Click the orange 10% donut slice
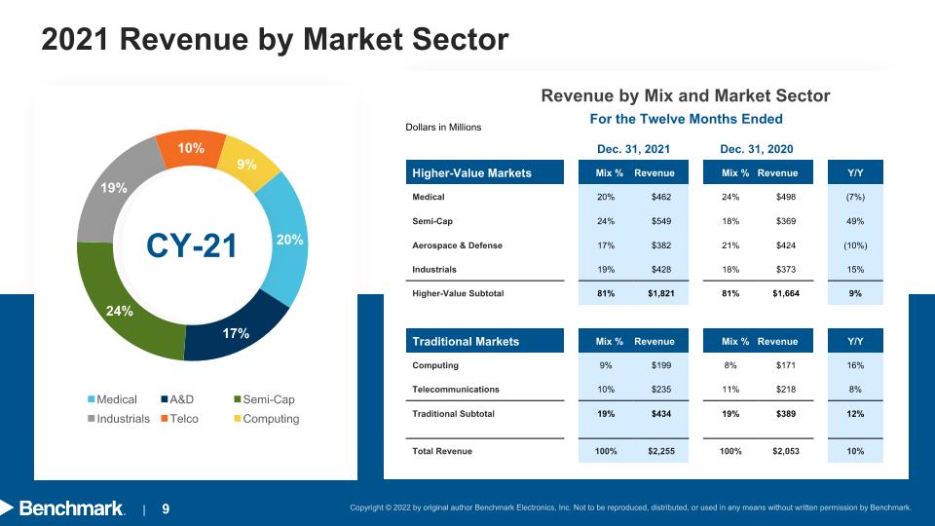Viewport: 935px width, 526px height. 191,148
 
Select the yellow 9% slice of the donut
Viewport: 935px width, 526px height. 247,164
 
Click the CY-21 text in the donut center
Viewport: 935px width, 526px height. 192,245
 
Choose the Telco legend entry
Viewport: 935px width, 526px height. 179,419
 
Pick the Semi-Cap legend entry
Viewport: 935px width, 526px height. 264,399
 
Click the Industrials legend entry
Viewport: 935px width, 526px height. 119,419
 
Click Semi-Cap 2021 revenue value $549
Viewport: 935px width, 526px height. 661,221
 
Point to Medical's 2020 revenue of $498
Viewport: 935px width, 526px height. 786,197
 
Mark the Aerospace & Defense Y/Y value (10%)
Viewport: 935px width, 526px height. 855,245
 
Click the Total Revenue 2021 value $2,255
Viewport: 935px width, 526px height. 661,451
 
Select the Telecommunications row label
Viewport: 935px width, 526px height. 456,390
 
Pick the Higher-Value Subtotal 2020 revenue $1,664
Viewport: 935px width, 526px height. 786,293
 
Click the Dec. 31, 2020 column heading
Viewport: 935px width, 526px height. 757,149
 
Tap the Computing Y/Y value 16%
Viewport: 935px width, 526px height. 855,365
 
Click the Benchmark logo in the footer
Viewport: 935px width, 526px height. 63,508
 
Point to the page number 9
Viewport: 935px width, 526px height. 166,509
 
